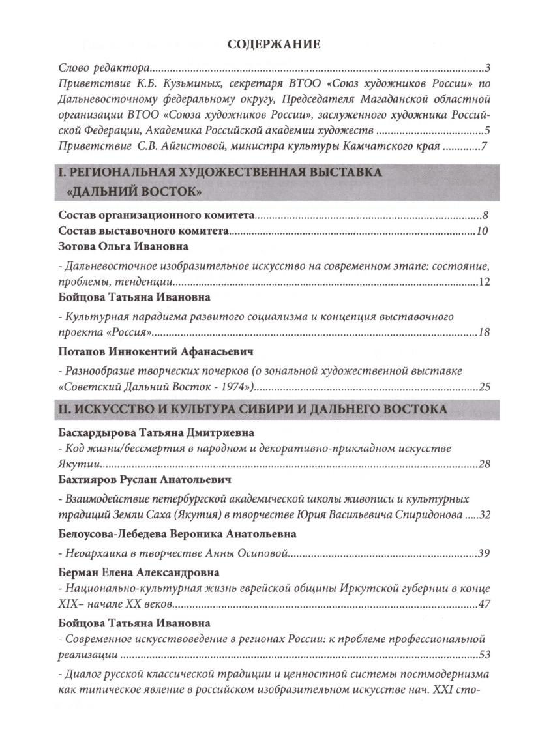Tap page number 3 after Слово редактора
pos(488,67)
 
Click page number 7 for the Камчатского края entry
pos(485,147)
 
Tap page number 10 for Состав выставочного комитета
pos(482,231)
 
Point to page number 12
pos(483,282)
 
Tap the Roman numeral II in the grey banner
pos(64,409)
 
